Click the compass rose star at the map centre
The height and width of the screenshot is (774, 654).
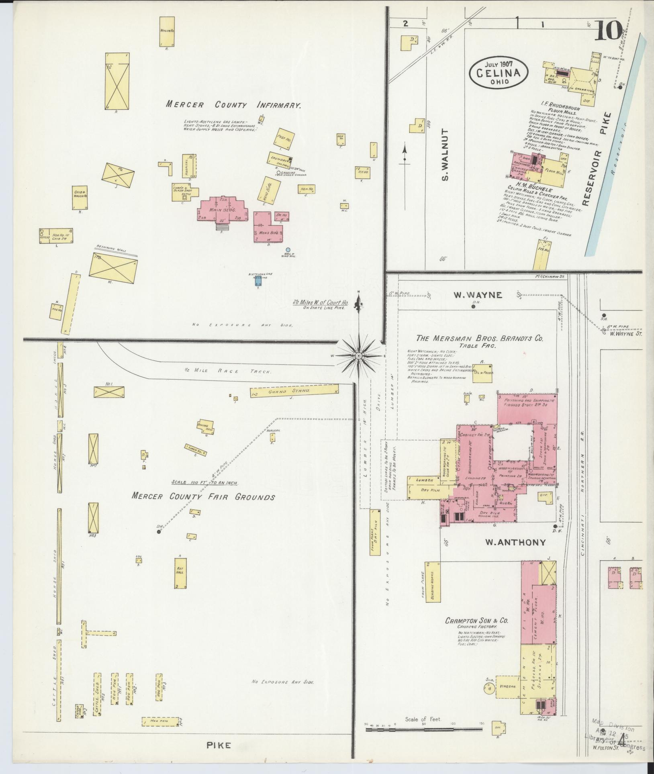(x=358, y=355)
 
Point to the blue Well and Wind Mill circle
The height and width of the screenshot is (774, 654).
(x=288, y=249)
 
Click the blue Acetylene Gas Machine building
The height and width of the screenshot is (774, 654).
(x=258, y=282)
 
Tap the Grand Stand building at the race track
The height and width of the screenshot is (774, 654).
(x=294, y=390)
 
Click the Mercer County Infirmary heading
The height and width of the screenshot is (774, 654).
(x=234, y=106)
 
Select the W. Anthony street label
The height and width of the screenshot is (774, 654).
(x=515, y=542)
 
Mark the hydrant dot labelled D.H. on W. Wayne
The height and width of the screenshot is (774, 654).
(x=473, y=306)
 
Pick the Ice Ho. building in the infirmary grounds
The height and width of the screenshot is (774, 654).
(x=363, y=173)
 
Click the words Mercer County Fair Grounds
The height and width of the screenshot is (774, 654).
(x=203, y=497)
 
